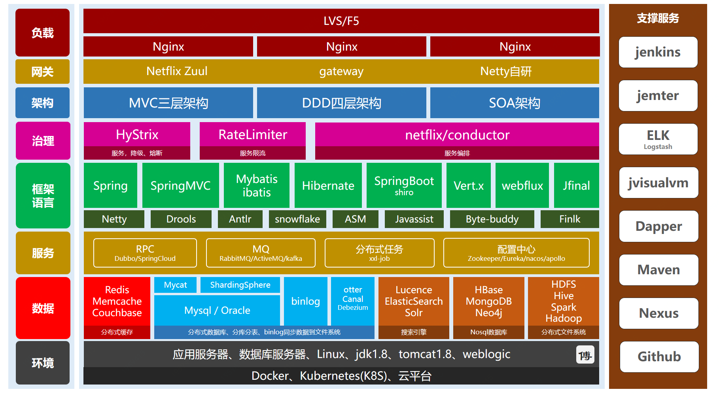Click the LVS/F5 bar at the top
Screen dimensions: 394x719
coord(341,21)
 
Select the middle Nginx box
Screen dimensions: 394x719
coord(341,47)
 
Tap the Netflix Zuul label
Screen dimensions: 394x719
coord(177,71)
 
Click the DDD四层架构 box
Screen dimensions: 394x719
coord(341,103)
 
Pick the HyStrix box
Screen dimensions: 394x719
coord(137,135)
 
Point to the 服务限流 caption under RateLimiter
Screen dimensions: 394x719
coord(252,153)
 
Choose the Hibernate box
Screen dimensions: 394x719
coord(328,185)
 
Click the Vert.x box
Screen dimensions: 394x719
coord(468,185)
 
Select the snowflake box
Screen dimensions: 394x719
coord(297,219)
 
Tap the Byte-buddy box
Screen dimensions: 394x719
coord(492,219)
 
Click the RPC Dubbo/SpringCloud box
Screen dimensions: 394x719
coord(145,253)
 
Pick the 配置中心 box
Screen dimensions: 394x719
coord(516,253)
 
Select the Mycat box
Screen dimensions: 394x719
coord(175,285)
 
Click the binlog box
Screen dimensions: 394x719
coord(305,301)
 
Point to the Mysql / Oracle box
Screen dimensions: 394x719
coord(217,310)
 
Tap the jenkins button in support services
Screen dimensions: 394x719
coord(658,52)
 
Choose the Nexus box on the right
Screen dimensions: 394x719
coord(658,313)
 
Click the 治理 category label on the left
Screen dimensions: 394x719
coord(43,141)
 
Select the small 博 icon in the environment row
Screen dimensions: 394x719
coord(585,355)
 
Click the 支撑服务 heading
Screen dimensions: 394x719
coord(658,18)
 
